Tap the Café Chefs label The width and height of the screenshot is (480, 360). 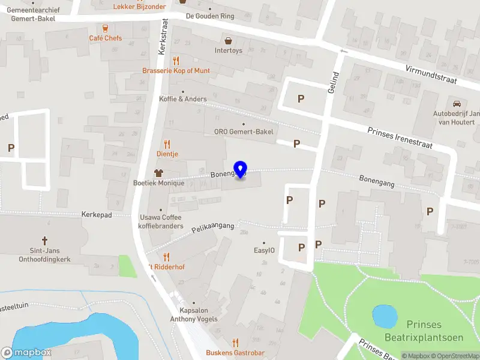[105, 38]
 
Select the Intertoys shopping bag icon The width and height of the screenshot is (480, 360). [228, 41]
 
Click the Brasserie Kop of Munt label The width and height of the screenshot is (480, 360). [176, 70]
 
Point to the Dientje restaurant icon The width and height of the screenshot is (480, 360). [167, 144]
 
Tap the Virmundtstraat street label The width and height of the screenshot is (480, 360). [431, 76]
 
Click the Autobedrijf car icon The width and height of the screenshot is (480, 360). [457, 103]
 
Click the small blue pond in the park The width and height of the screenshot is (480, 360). [385, 316]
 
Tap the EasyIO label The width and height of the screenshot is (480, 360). [264, 251]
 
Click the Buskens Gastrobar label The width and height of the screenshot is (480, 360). [235, 352]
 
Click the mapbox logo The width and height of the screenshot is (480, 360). [26, 353]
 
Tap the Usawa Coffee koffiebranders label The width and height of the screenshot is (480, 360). [161, 221]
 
